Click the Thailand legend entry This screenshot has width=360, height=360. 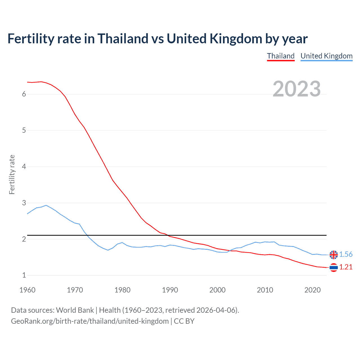281,56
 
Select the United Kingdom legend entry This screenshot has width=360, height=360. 326,56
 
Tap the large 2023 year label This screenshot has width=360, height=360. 297,89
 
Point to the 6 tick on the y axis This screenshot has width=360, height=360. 24,94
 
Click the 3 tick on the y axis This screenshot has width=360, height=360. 24,203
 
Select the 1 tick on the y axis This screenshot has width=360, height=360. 24,275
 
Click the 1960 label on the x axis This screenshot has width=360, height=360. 27,290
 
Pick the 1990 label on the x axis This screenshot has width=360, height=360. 170,290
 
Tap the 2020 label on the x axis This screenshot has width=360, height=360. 312,290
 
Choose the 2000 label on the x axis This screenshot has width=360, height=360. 217,290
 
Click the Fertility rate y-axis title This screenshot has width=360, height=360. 12,174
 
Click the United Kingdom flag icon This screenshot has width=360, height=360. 334,255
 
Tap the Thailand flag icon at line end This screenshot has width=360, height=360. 334,267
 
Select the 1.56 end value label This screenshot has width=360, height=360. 346,254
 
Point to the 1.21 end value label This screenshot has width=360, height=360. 346,267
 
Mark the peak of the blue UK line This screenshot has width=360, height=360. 46,205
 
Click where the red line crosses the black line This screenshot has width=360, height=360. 168,235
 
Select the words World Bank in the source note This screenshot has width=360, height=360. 75,310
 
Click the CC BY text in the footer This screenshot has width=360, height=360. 184,321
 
